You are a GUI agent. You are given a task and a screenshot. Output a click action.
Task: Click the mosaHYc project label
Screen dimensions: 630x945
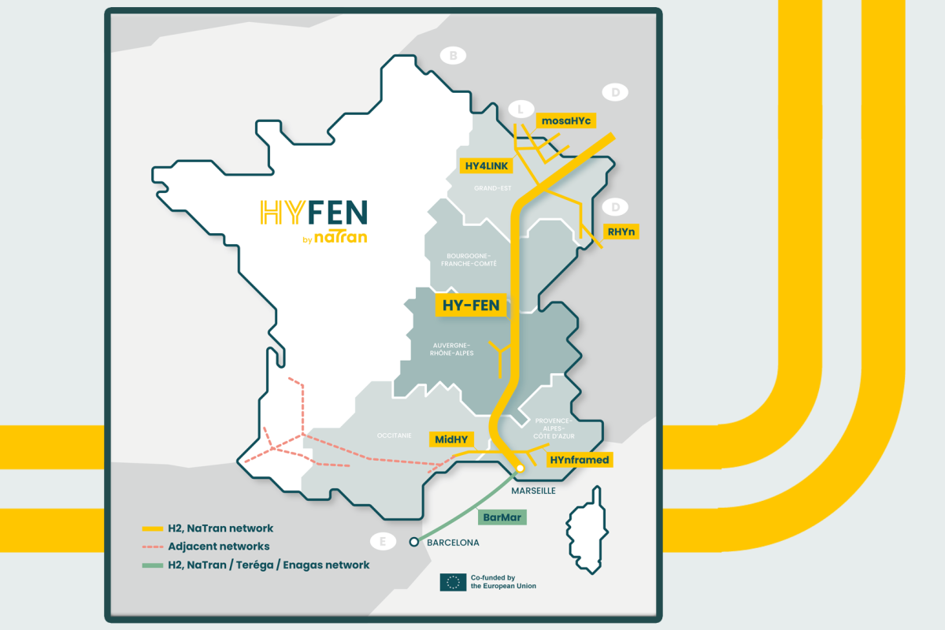click(565, 120)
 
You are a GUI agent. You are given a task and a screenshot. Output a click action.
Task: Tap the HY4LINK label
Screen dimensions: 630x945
click(487, 165)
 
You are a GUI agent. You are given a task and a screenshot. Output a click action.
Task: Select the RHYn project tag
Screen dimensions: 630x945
click(621, 232)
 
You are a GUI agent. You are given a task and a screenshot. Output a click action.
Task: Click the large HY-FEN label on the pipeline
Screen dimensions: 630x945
click(472, 305)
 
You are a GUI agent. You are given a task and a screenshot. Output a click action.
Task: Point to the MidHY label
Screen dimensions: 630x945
click(451, 439)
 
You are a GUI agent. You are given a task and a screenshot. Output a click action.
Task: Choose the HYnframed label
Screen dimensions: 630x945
click(580, 459)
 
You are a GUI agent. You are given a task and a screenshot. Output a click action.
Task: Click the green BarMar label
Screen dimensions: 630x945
click(502, 517)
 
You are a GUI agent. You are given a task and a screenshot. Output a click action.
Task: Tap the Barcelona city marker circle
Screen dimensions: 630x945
click(413, 542)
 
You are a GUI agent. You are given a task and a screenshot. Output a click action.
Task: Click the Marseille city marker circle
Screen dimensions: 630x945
click(521, 469)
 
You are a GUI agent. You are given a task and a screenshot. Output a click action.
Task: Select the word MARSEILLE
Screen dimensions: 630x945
click(534, 491)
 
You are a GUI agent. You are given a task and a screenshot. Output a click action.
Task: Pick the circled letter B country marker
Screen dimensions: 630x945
click(453, 55)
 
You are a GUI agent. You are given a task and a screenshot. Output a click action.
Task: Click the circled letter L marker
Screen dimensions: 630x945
click(520, 109)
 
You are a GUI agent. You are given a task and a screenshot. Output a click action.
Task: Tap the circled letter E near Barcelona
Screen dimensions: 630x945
click(383, 542)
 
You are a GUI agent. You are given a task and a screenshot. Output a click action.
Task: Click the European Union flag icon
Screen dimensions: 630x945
click(453, 582)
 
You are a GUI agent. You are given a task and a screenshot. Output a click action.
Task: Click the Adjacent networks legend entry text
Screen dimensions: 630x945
click(219, 547)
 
